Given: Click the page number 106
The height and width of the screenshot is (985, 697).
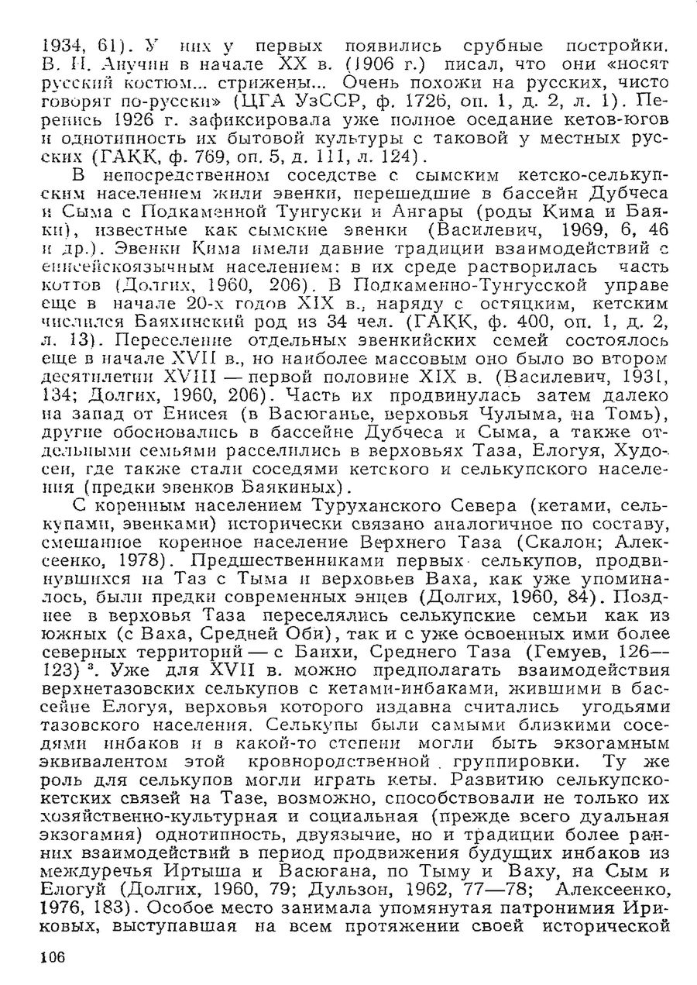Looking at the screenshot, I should tap(50, 958).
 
